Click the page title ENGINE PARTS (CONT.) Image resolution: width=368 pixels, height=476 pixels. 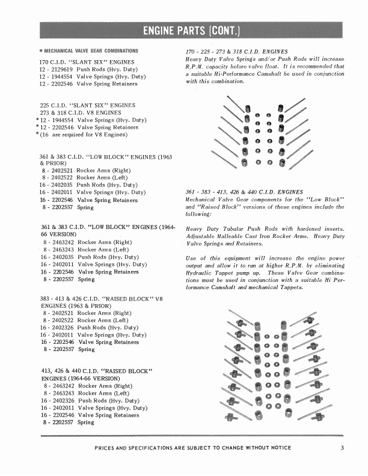pyautogui.click(x=184, y=31)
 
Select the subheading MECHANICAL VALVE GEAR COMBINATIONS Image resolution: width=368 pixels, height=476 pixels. pyautogui.click(x=90, y=50)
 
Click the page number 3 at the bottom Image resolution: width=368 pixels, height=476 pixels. pyautogui.click(x=342, y=447)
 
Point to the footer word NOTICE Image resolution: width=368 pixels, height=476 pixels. pyautogui.click(x=277, y=448)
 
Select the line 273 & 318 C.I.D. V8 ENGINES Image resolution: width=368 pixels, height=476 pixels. pyautogui.click(x=81, y=112)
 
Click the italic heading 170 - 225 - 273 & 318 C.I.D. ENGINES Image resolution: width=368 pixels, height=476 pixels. pyautogui.click(x=237, y=52)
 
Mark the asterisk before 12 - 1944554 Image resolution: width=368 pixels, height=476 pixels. pyautogui.click(x=37, y=120)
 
